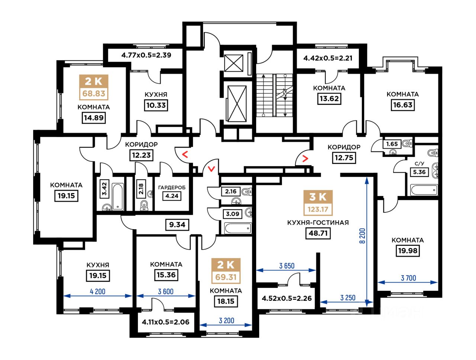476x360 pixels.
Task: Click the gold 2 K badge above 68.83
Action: pyautogui.click(x=93, y=81)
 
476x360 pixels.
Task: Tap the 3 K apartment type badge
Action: pyautogui.click(x=318, y=197)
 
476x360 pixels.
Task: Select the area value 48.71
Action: pyautogui.click(x=318, y=233)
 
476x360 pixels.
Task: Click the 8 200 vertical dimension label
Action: pyautogui.click(x=362, y=236)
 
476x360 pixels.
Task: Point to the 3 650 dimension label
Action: pyautogui.click(x=286, y=266)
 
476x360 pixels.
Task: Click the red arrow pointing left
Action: pyautogui.click(x=185, y=155)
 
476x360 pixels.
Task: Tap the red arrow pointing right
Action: pyautogui.click(x=305, y=159)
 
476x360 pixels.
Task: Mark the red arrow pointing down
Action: pyautogui.click(x=212, y=168)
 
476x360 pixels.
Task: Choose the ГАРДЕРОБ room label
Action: pyautogui.click(x=172, y=187)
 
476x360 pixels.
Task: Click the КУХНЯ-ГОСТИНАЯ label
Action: pyautogui.click(x=318, y=223)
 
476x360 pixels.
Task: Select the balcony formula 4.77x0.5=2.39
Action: pyautogui.click(x=146, y=55)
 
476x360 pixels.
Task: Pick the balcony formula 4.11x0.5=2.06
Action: pyautogui.click(x=165, y=322)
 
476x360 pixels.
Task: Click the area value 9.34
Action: pyautogui.click(x=177, y=225)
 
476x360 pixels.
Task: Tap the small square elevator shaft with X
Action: pyautogui.click(x=234, y=63)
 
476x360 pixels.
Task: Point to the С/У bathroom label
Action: pyautogui.click(x=419, y=164)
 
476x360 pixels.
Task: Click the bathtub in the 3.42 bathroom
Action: pyautogui.click(x=118, y=197)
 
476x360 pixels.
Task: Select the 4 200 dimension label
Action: pyautogui.click(x=97, y=292)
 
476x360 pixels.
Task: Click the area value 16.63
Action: pyautogui.click(x=402, y=105)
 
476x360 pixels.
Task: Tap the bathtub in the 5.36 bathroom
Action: pyautogui.click(x=424, y=190)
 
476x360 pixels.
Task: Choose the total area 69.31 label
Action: pyautogui.click(x=226, y=277)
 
